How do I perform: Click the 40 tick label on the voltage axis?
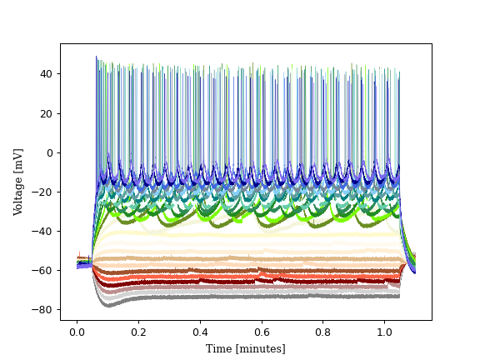click(47, 74)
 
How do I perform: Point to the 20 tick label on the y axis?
click(47, 113)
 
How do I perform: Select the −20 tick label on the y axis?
click(44, 192)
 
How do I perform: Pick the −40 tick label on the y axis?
click(44, 231)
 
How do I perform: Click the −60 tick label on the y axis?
click(44, 270)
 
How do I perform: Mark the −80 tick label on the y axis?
click(44, 309)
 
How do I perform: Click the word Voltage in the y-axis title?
click(18, 192)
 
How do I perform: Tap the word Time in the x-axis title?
click(219, 348)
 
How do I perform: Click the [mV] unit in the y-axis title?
click(18, 159)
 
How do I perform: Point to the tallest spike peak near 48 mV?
click(96, 57)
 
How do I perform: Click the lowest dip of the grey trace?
click(107, 306)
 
